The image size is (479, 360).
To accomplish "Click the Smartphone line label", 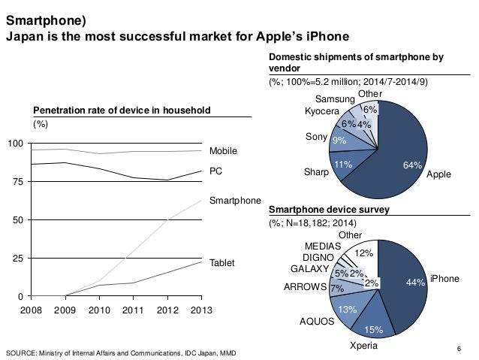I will coord(234,201).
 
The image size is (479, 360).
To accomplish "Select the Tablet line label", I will coord(221,263).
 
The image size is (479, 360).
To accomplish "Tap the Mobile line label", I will coord(222,151).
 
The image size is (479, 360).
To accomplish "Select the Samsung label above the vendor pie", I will coord(335,101).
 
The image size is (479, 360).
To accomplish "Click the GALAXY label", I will coord(308,268).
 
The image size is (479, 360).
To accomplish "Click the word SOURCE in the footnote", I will coord(21,350).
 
